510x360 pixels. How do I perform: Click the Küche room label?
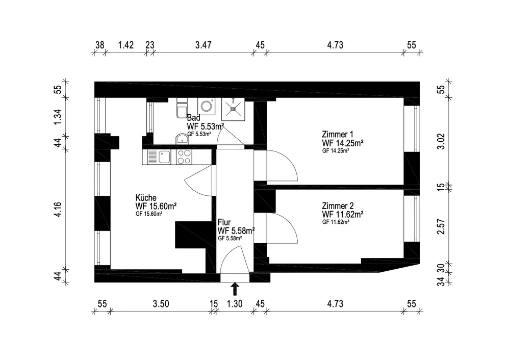point(145,198)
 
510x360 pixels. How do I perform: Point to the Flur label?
point(223,223)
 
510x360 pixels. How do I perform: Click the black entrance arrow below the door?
point(235,289)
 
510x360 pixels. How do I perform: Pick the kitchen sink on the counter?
point(164,157)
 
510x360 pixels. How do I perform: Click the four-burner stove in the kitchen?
point(184,157)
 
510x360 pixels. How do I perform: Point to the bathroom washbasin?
point(181,139)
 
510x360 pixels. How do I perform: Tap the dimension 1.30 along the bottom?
point(235,304)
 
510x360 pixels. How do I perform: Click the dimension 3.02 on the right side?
point(442,141)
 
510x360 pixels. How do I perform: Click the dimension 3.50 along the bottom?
point(161,304)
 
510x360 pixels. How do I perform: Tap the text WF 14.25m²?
point(342,144)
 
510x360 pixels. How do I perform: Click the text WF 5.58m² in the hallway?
point(236,231)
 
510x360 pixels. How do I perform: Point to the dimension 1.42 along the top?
point(126,45)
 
